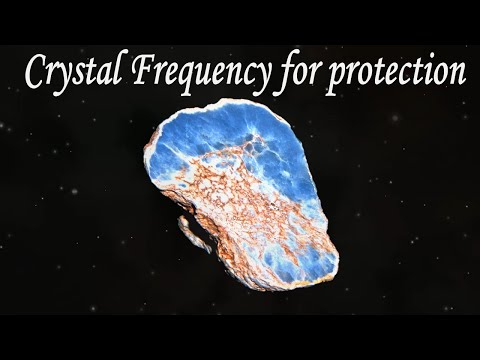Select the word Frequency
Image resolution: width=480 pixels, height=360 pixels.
[x=194, y=74]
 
